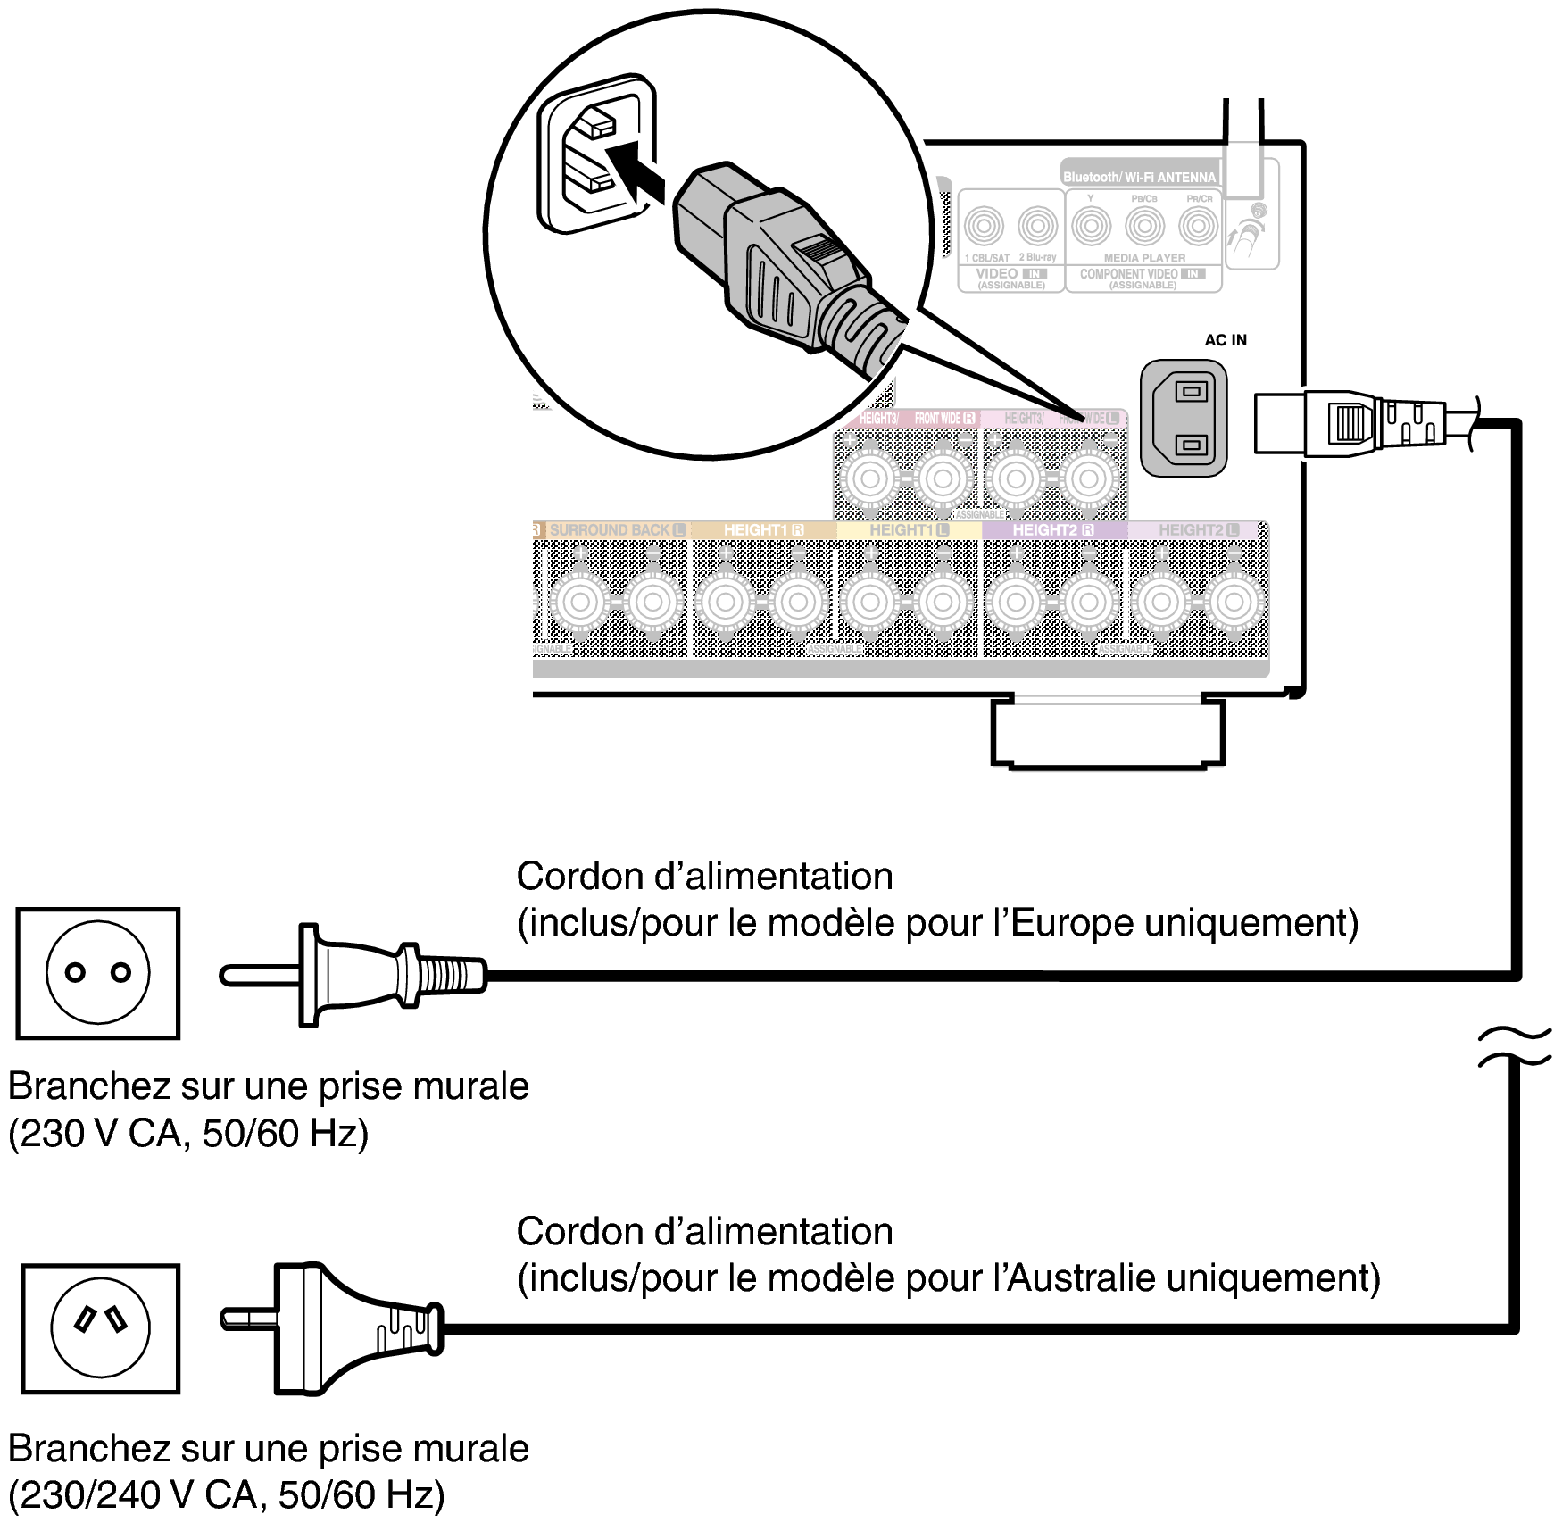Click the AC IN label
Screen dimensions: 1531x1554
(1225, 340)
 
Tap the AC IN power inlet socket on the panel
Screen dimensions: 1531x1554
(1184, 418)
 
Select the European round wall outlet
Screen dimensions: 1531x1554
(98, 973)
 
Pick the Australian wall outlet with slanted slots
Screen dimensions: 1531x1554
(100, 1327)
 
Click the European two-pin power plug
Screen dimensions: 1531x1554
(357, 974)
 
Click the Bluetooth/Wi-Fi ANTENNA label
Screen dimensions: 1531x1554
(1139, 177)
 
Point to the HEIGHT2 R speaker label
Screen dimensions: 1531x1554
(1053, 529)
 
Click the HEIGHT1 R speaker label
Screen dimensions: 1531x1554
(764, 529)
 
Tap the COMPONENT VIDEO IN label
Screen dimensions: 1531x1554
(1142, 274)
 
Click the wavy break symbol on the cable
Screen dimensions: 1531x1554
(1515, 1047)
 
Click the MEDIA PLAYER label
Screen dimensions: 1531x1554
(1144, 257)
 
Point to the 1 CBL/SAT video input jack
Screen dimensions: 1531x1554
(985, 227)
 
